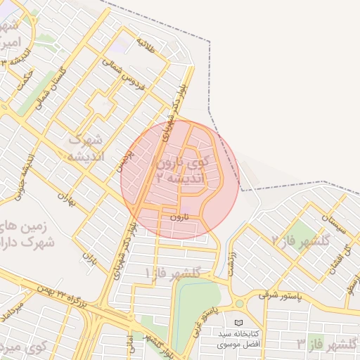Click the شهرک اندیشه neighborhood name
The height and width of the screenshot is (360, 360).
click(86, 148)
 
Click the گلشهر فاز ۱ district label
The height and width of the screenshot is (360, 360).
click(172, 272)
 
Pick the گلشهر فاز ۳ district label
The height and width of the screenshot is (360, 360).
click(327, 344)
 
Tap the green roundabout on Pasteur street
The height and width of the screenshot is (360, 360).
click(239, 304)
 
